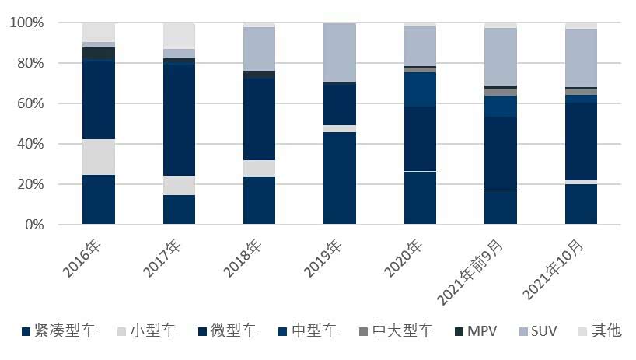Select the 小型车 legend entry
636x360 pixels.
click(145, 330)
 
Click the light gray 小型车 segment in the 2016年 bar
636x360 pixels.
click(99, 157)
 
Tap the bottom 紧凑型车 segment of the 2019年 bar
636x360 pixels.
click(341, 178)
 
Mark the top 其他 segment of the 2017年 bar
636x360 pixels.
click(180, 36)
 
